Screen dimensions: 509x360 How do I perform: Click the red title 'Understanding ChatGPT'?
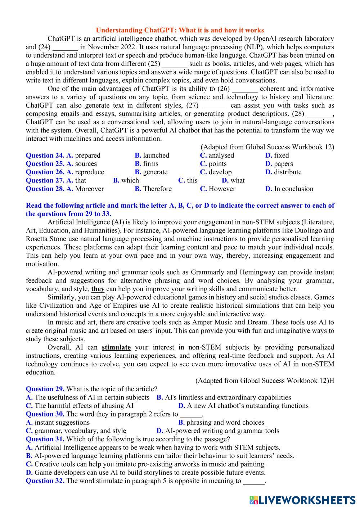pos(180,30)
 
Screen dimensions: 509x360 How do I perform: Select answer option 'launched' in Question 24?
pos(156,156)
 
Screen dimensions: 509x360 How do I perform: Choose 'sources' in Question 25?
pos(86,164)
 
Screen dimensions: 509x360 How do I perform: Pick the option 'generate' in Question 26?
pos(155,172)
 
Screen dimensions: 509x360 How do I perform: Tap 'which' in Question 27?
pos(130,180)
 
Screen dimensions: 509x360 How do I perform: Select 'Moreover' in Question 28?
pos(89,189)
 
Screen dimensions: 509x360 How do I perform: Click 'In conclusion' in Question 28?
pos(293,189)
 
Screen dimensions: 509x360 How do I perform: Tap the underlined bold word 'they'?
pos(98,289)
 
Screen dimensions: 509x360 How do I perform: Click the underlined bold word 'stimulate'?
pos(116,347)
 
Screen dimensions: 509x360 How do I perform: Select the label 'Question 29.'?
pos(45,389)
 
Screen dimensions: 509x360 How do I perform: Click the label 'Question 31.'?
pos(45,439)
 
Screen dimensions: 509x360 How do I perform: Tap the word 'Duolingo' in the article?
pos(321,231)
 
